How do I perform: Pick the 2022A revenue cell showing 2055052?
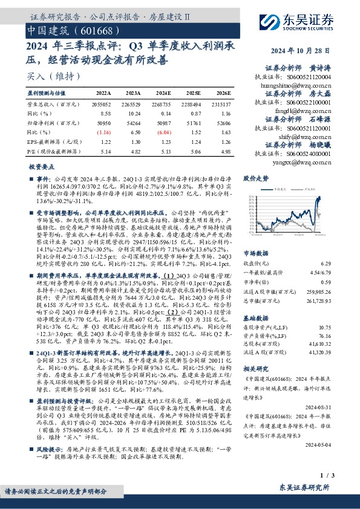(104, 104)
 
